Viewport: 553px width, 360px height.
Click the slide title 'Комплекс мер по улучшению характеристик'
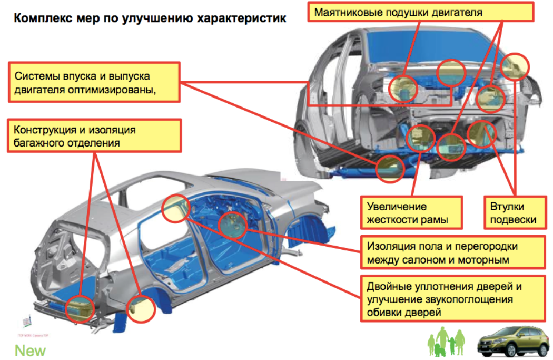click(x=150, y=19)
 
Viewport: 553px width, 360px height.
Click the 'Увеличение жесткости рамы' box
click(x=410, y=213)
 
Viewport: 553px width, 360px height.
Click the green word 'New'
click(x=30, y=351)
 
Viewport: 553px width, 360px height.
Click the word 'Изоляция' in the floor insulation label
click(x=387, y=246)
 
